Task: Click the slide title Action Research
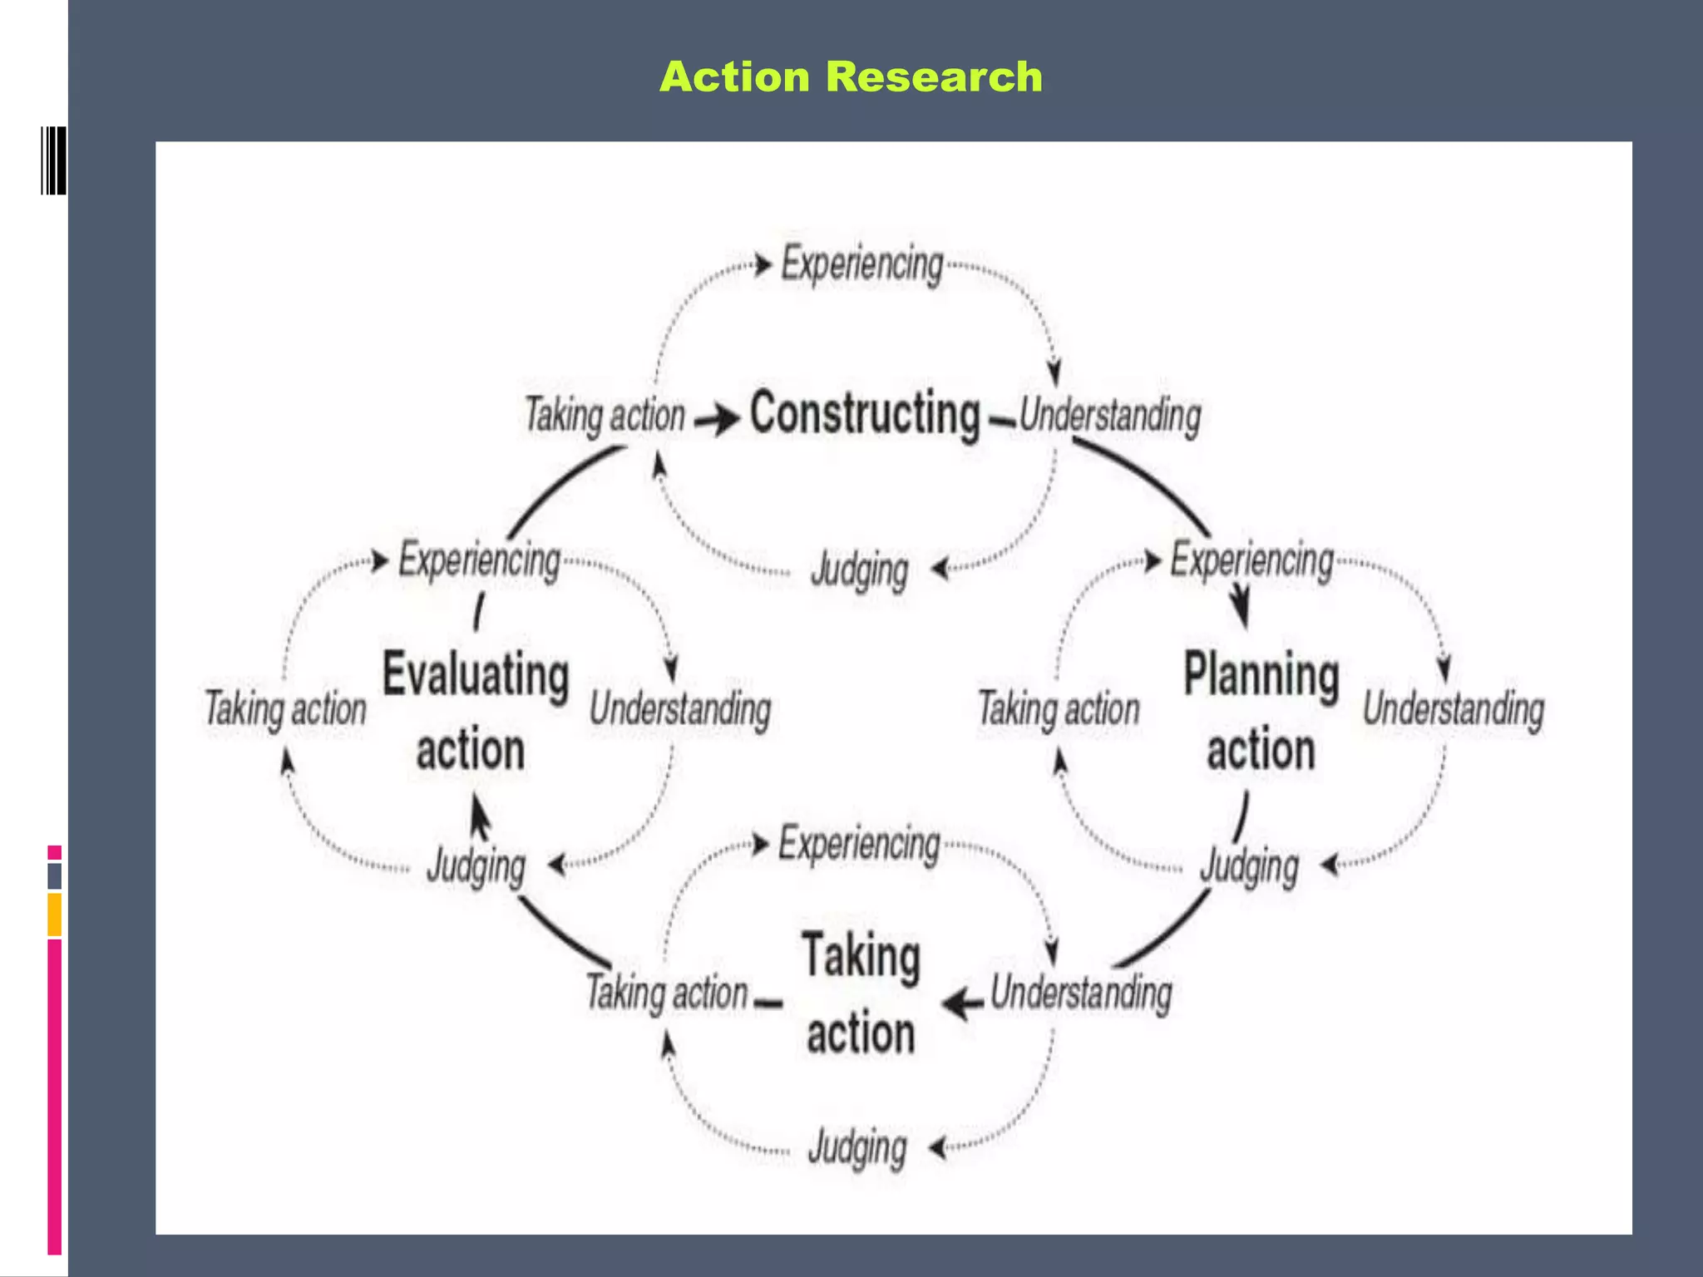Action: click(x=851, y=77)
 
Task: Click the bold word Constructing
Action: click(x=865, y=413)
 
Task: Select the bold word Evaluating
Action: click(x=476, y=674)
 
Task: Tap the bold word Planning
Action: click(x=1261, y=674)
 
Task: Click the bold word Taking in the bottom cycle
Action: click(x=861, y=956)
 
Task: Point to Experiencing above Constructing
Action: click(x=862, y=264)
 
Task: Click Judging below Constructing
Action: click(x=860, y=570)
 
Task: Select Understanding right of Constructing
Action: click(x=1110, y=415)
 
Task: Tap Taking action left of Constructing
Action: click(x=605, y=415)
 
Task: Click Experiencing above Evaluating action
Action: click(x=480, y=560)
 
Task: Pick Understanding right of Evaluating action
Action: click(x=680, y=709)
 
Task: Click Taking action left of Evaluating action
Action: click(x=285, y=709)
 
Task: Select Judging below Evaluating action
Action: click(x=476, y=866)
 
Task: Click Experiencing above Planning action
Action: click(x=1252, y=560)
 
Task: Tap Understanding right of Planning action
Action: click(x=1454, y=709)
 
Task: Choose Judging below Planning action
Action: click(x=1249, y=866)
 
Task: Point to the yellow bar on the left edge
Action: click(x=54, y=915)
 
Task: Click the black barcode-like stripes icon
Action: click(x=53, y=160)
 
